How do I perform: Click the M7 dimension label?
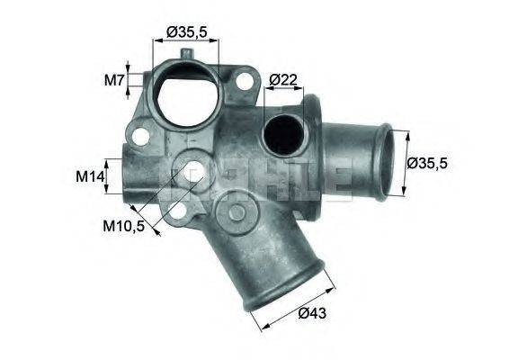pyautogui.click(x=113, y=79)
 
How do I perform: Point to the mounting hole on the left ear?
pyautogui.click(x=138, y=138)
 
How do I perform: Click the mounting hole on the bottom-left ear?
pyautogui.click(x=178, y=213)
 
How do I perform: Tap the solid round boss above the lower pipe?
pyautogui.click(x=238, y=213)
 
